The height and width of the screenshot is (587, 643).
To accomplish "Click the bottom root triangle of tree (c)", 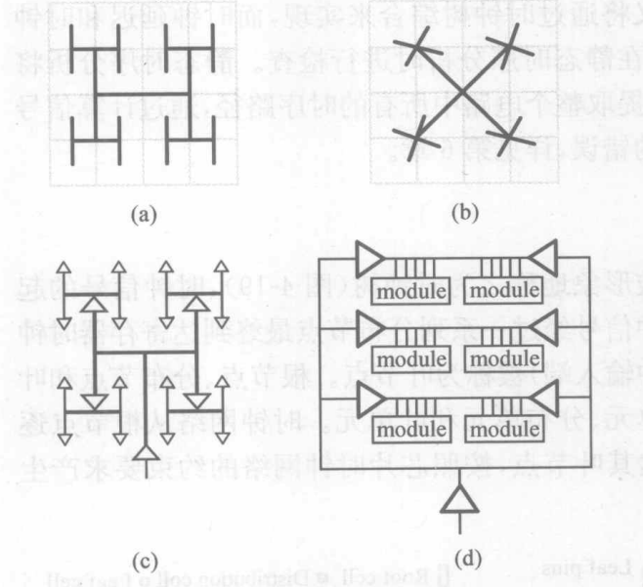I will pos(146,451).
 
